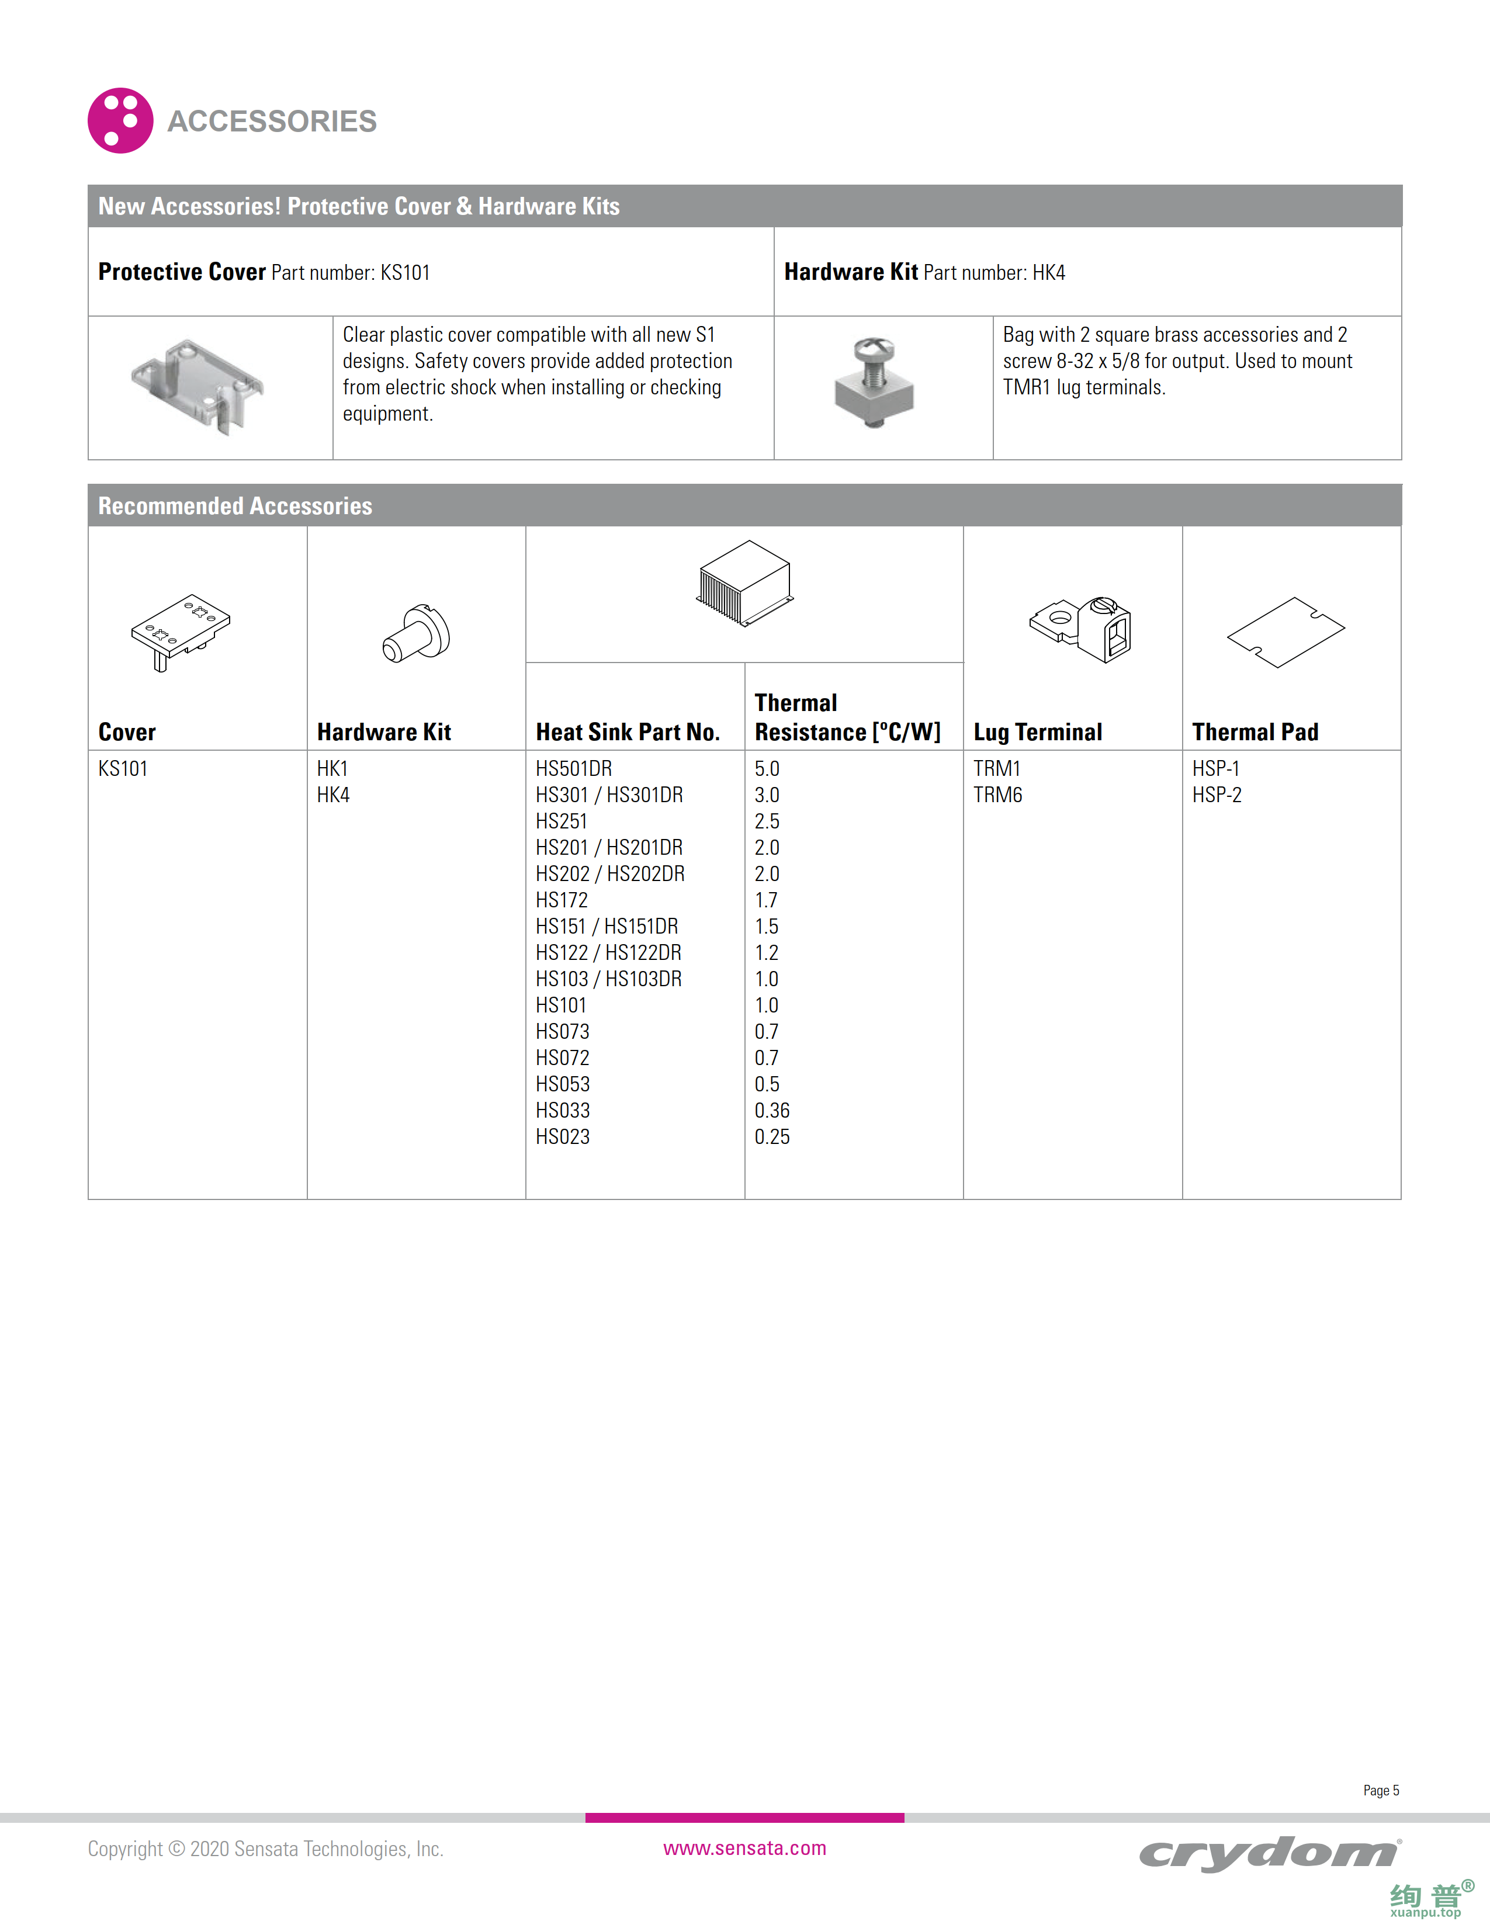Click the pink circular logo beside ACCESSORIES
click(x=120, y=120)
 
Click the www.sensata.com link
click(x=744, y=1847)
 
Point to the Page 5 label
click(x=1381, y=1790)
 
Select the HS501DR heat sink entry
click(x=574, y=769)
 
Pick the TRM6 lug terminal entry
click(x=997, y=795)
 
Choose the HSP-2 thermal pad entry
click(x=1217, y=795)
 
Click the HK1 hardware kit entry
click(x=332, y=769)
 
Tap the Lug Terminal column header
click(x=1037, y=732)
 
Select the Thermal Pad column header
click(x=1255, y=732)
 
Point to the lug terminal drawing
click(x=1082, y=629)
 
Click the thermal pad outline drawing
click(x=1285, y=631)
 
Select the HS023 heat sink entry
click(x=562, y=1137)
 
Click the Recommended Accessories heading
click(x=235, y=506)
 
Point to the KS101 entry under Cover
click(x=123, y=769)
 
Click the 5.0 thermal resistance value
click(x=766, y=769)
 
